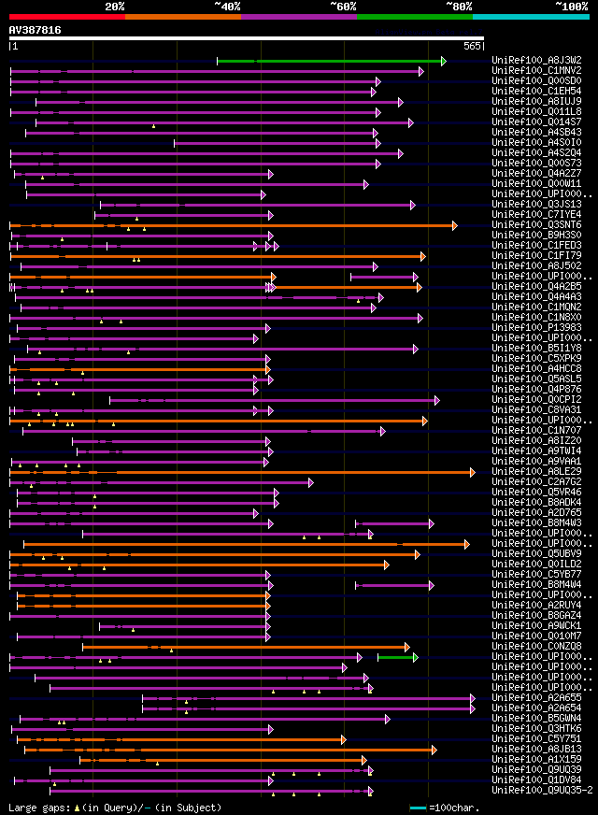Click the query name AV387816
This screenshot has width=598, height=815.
pyautogui.click(x=36, y=30)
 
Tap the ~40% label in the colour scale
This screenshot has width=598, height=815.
pyautogui.click(x=227, y=6)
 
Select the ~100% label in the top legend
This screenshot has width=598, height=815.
pyautogui.click(x=571, y=6)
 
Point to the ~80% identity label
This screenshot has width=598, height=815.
pyautogui.click(x=459, y=6)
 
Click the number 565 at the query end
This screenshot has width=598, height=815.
pyautogui.click(x=471, y=45)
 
